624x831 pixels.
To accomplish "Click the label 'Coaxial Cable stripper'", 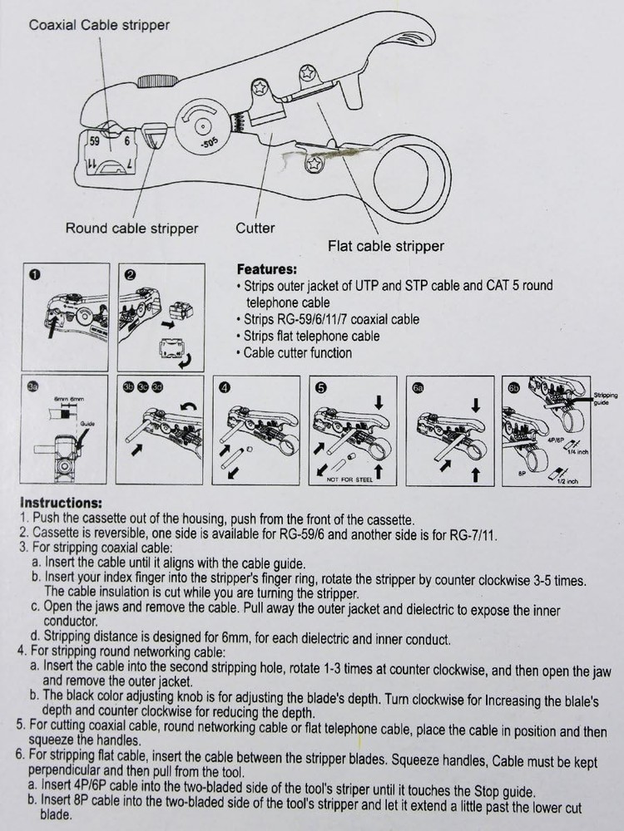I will [99, 25].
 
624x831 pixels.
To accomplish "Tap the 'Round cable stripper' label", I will [131, 228].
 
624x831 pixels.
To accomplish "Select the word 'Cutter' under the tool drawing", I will [255, 227].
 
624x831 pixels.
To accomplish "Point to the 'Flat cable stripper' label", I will [384, 246].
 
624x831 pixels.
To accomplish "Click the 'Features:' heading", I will [266, 269].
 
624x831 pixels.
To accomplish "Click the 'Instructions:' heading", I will [61, 503].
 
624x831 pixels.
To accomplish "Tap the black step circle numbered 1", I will [34, 275].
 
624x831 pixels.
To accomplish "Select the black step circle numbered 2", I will [130, 275].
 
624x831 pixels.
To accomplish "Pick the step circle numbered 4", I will [224, 387].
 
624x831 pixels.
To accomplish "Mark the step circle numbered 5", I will [320, 387].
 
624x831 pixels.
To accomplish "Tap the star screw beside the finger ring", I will [314, 165].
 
